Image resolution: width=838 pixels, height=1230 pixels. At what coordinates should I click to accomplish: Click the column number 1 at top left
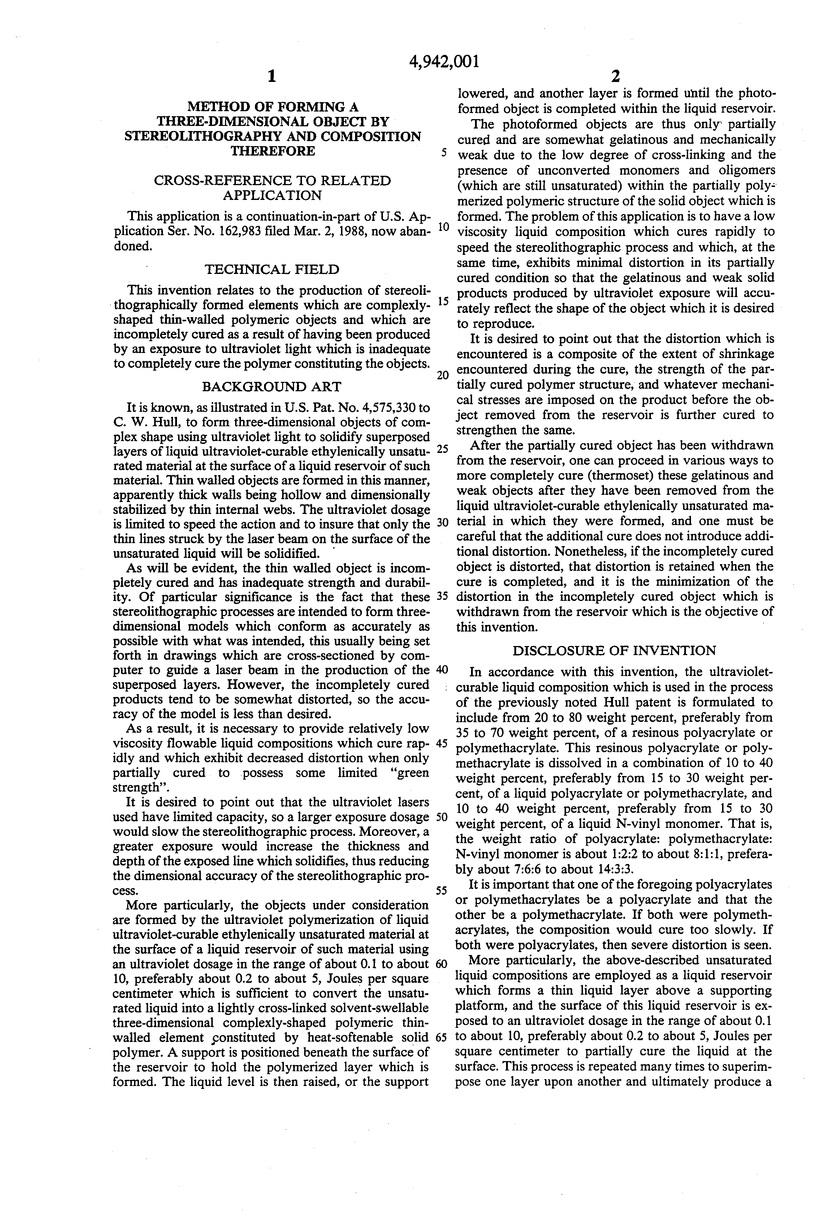pos(271,77)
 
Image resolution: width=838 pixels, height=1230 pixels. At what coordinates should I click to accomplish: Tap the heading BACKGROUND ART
pos(272,386)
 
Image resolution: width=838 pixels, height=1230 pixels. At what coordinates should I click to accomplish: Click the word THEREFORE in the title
pos(273,151)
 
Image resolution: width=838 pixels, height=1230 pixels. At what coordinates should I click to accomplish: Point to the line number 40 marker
pos(442,669)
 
